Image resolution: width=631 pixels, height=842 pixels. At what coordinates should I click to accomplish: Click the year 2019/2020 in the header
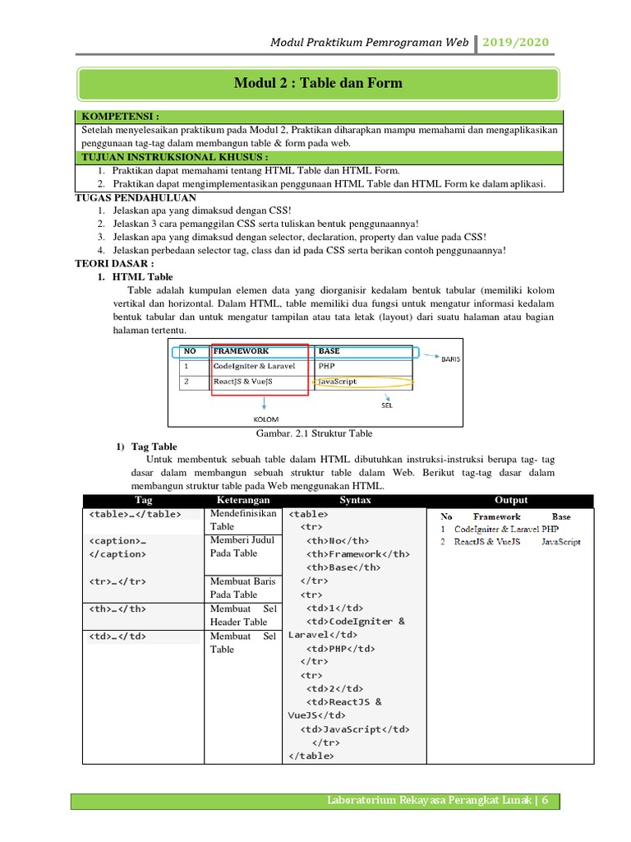click(x=516, y=43)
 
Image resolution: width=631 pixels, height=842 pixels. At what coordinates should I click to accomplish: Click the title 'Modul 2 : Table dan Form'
click(x=318, y=84)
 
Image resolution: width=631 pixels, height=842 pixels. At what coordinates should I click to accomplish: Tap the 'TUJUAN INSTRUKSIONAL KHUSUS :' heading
click(x=174, y=157)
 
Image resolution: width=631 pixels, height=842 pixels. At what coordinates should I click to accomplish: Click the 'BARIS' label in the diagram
click(x=451, y=359)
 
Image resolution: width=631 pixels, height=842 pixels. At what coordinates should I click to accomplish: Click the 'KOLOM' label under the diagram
click(x=265, y=419)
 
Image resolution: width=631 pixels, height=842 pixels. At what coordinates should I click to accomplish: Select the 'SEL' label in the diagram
click(x=387, y=405)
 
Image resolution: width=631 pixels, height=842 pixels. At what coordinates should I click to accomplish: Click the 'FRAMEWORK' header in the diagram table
click(x=241, y=351)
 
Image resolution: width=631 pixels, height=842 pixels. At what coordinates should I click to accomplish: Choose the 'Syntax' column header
click(x=355, y=500)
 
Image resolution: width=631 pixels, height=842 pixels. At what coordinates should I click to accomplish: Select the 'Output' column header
click(x=511, y=500)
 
